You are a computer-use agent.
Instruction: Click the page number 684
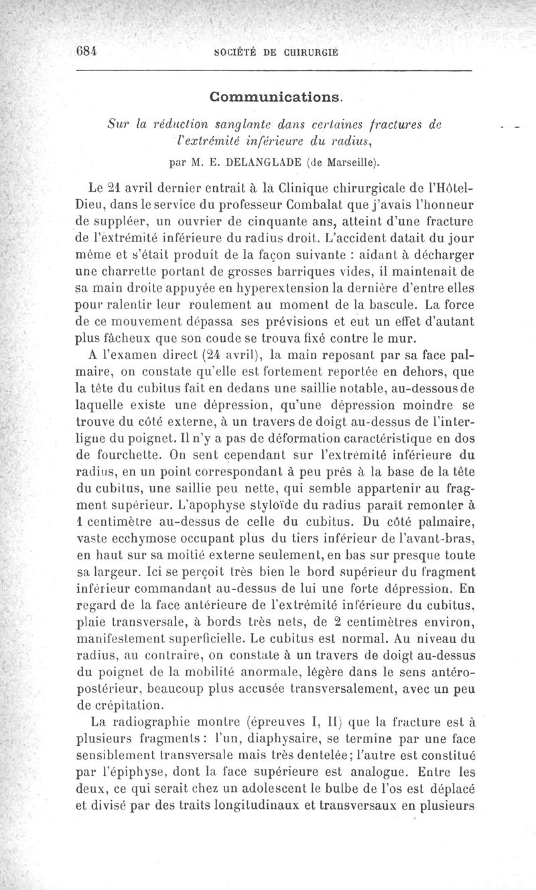[x=86, y=52]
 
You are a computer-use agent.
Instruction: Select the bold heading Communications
[x=276, y=97]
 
